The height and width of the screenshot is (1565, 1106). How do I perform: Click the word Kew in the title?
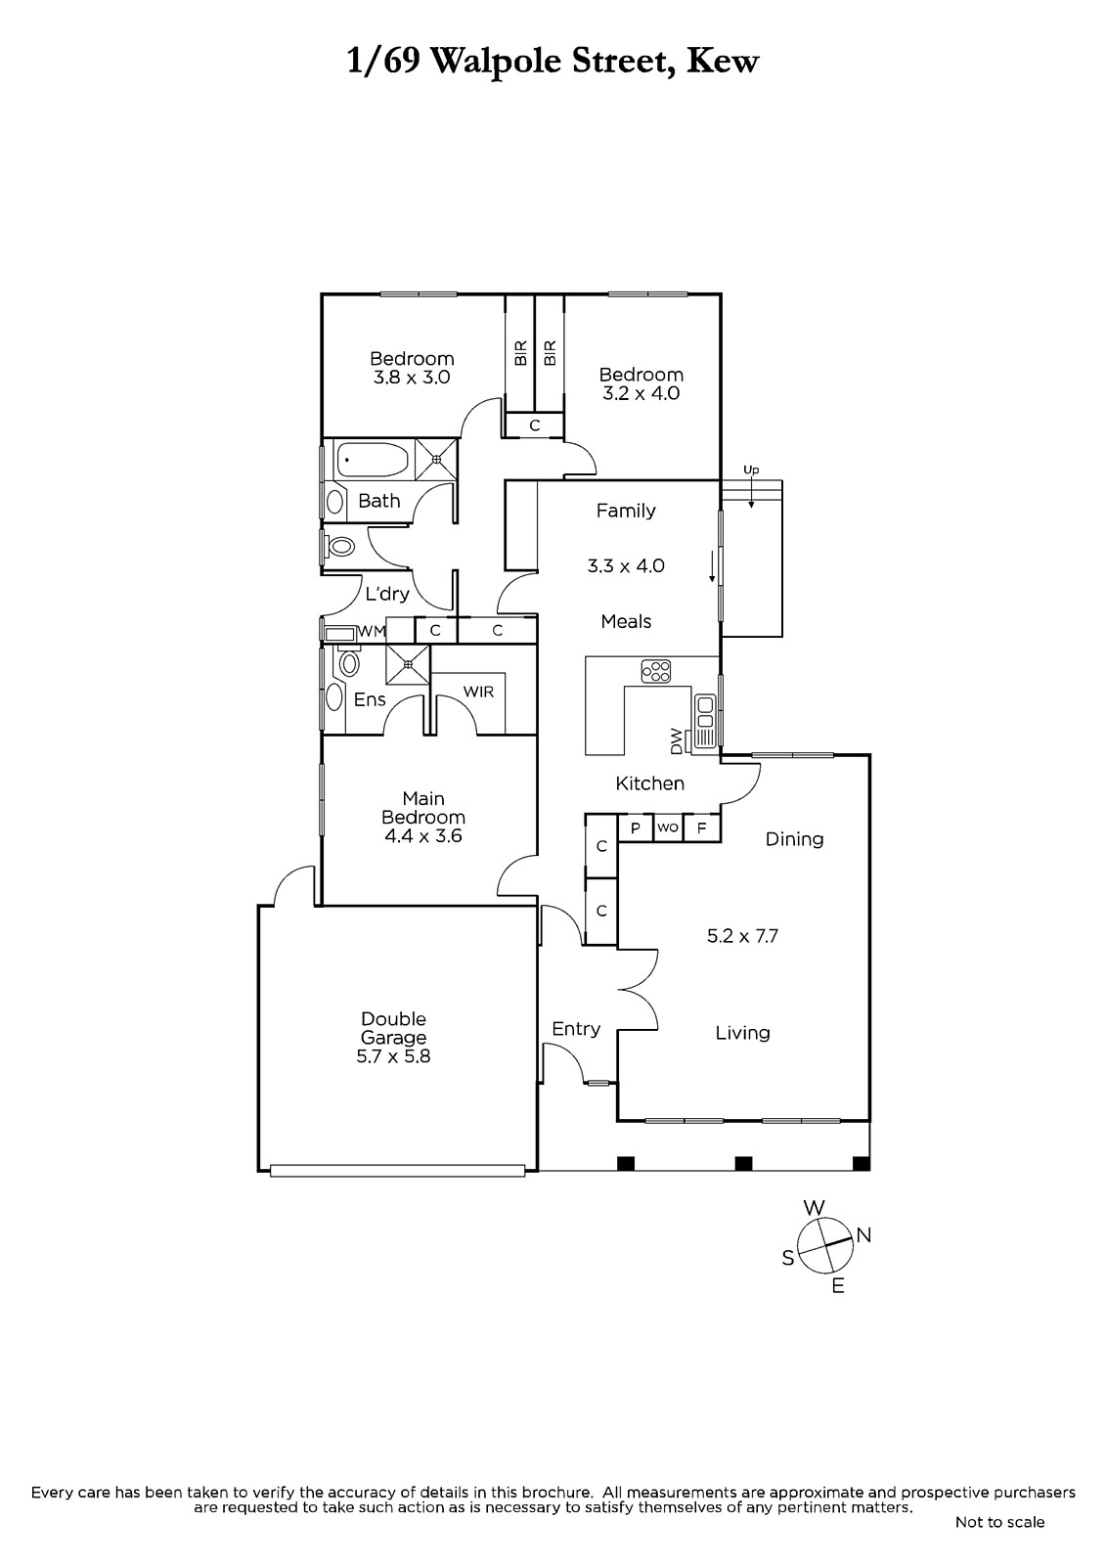[x=723, y=62]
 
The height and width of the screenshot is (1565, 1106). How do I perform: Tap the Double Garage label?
[x=393, y=1028]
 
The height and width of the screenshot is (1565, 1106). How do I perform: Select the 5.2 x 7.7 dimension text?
[x=742, y=935]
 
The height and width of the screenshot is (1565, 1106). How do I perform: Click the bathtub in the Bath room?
[x=373, y=460]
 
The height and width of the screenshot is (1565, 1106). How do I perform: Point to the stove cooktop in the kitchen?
[x=656, y=671]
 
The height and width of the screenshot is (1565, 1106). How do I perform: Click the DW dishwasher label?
[x=676, y=740]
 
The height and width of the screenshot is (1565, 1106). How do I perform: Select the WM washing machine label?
[x=372, y=631]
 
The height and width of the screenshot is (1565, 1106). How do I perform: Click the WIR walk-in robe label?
[x=478, y=692]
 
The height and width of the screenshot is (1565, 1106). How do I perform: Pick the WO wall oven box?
[x=668, y=827]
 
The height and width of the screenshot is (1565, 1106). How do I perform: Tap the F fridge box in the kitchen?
[x=702, y=827]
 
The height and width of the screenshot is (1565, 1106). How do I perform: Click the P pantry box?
[x=636, y=827]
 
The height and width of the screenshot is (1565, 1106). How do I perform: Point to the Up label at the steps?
[x=751, y=469]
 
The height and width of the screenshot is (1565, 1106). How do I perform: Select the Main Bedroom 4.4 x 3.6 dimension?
[x=423, y=835]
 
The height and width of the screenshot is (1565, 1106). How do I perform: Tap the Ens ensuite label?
[x=370, y=699]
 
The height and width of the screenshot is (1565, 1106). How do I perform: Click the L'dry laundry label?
[x=387, y=594]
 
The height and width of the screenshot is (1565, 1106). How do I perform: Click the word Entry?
[x=576, y=1030]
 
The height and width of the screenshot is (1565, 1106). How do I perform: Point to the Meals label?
[x=626, y=621]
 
